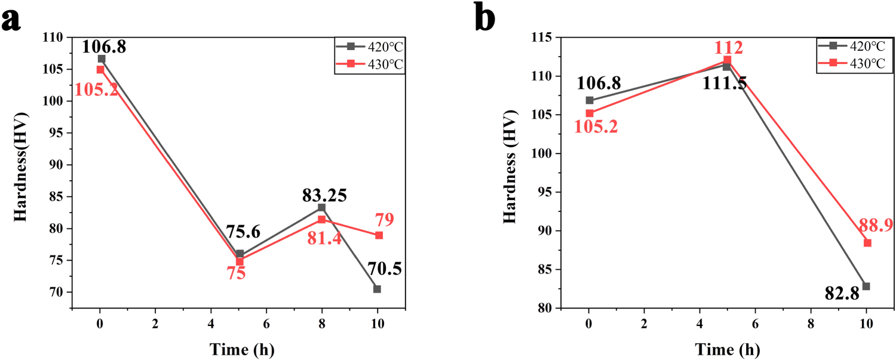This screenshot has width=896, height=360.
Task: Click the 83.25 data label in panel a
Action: pyautogui.click(x=322, y=195)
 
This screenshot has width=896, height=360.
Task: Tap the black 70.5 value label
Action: pyautogui.click(x=376, y=269)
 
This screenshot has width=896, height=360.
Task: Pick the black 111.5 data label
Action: pyautogui.click(x=726, y=83)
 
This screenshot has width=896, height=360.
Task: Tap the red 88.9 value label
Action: pyautogui.click(x=867, y=225)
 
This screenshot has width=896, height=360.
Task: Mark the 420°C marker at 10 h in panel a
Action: pyautogui.click(x=377, y=289)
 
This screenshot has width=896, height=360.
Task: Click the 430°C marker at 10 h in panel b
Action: pyautogui.click(x=867, y=242)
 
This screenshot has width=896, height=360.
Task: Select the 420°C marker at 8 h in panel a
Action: pyautogui.click(x=321, y=207)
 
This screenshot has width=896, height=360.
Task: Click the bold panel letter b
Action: pyautogui.click(x=484, y=18)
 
